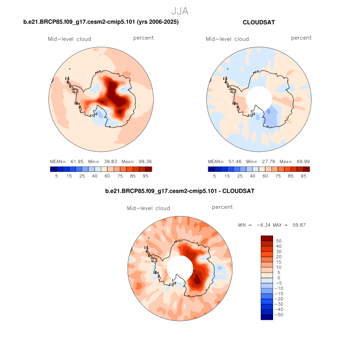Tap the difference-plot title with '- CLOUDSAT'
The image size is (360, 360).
tap(179, 191)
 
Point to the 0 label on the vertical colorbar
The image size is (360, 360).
tap(278, 278)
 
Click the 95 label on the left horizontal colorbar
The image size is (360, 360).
tap(146, 175)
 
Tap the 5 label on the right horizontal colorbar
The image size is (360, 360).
tap(214, 175)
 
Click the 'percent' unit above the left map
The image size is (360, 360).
tap(143, 38)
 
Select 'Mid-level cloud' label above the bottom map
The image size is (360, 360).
tap(149, 208)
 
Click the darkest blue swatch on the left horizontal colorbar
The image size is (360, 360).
tap(53, 169)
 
